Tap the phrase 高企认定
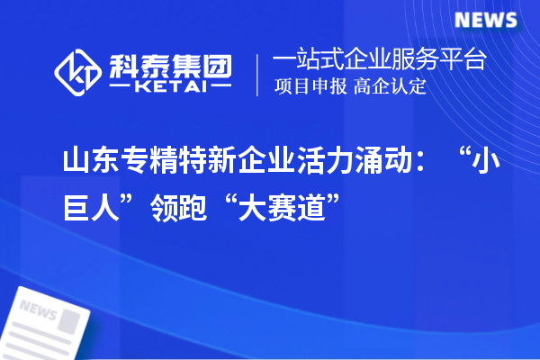tap(390, 87)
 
